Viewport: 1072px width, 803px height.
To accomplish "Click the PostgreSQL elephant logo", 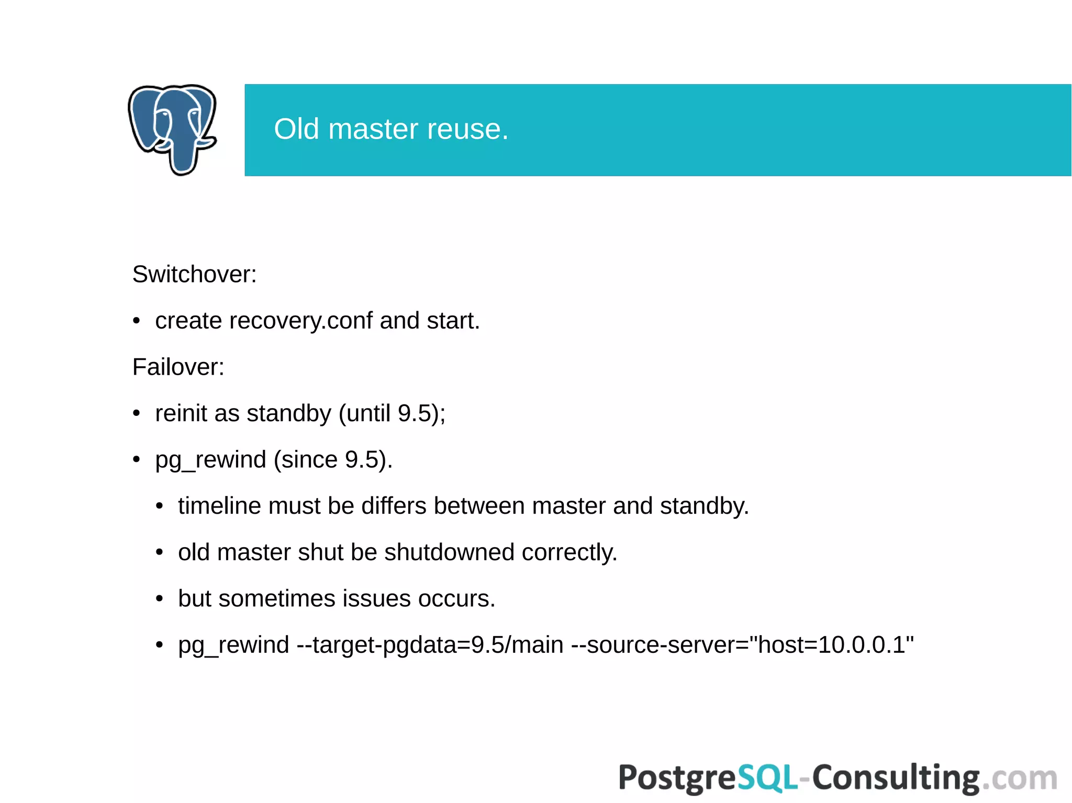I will (172, 129).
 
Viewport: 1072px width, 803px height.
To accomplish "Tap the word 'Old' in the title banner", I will (296, 129).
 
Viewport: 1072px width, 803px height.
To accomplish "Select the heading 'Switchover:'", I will (194, 274).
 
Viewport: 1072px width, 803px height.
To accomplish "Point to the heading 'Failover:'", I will (178, 367).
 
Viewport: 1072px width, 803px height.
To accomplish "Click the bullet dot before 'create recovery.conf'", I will (137, 321).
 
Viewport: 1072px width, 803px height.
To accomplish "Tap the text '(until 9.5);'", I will (392, 413).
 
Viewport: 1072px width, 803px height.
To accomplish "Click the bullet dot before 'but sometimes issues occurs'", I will (160, 598).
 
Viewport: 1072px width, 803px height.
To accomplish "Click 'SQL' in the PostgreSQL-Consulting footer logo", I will (767, 778).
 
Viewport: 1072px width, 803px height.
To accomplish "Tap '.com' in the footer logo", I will (1019, 778).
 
